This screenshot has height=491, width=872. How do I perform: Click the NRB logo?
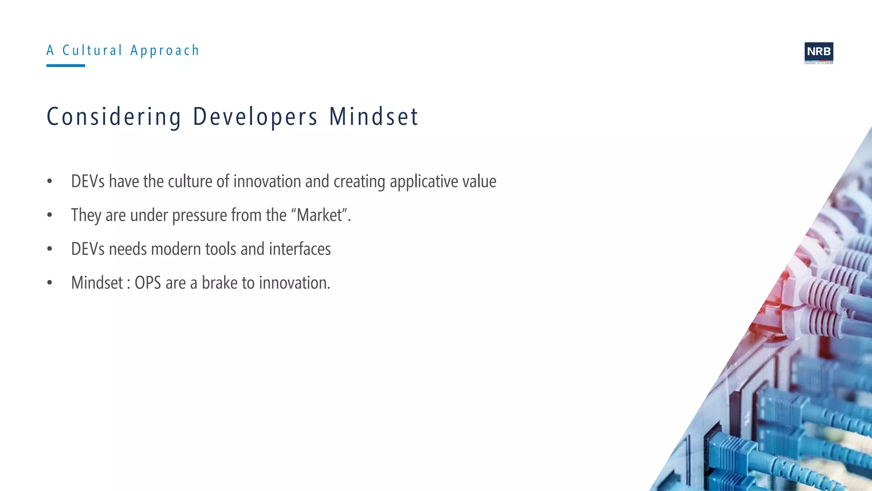pos(818,52)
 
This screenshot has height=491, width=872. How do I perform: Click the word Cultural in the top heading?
pos(92,50)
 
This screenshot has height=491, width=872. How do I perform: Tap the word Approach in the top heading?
pos(165,51)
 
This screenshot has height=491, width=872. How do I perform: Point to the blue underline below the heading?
pos(66,66)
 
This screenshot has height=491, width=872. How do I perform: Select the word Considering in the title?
pos(114,117)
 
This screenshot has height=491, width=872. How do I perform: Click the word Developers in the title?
pos(255,117)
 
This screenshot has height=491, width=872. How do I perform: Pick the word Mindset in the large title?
pos(374,117)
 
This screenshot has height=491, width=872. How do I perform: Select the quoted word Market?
pos(320,215)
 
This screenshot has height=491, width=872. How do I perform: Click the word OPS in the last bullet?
pos(148,283)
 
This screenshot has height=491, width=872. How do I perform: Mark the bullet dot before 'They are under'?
pos(50,215)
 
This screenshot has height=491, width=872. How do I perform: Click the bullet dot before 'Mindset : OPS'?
pos(50,283)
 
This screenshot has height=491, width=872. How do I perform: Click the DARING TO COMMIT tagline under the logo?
pos(818,63)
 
